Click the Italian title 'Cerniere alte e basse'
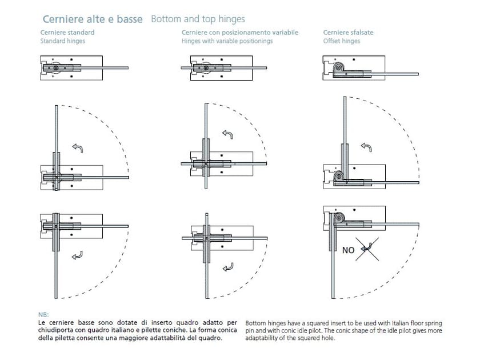point(93,19)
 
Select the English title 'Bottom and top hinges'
point(198,19)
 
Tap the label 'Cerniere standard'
point(67,33)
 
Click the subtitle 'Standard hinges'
point(63,41)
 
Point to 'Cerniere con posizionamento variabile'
point(240,33)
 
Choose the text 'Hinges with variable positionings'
point(227,41)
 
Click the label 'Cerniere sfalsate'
point(348,33)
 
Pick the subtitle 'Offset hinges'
point(342,41)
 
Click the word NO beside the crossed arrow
point(348,250)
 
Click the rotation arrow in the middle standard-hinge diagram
point(78,149)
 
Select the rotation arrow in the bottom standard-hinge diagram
point(77,255)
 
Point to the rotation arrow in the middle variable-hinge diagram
point(228,135)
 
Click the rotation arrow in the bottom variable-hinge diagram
point(229,267)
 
